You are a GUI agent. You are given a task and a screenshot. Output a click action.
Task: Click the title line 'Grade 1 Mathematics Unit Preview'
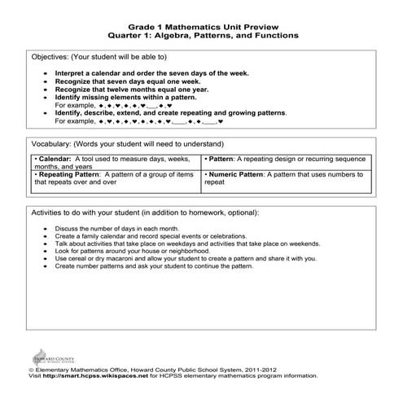201,25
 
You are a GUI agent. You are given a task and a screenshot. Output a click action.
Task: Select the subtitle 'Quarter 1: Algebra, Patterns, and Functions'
201,36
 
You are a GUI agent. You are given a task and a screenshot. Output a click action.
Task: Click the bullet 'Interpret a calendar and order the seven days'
151,72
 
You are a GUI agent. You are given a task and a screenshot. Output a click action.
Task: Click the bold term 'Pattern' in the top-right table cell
223,158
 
